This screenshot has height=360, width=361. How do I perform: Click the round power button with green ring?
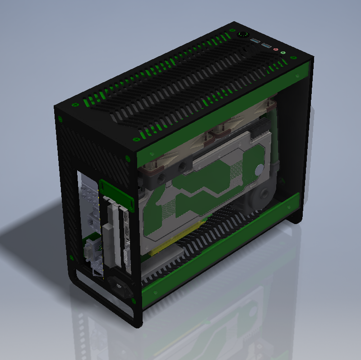243,34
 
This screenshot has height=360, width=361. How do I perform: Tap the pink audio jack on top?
276,51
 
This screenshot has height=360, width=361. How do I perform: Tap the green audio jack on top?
283,53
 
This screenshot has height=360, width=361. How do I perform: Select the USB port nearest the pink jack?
267,46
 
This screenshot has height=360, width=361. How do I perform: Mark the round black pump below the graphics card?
258,199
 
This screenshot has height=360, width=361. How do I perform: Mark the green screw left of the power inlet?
71,257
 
